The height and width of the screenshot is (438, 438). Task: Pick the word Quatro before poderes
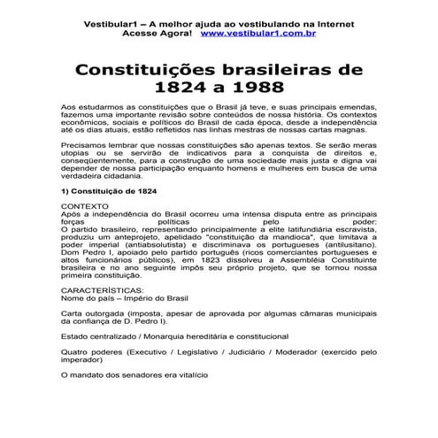(72, 350)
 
